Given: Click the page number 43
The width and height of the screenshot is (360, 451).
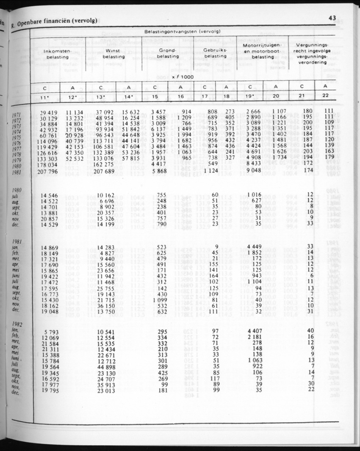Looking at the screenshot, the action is pos(332,18).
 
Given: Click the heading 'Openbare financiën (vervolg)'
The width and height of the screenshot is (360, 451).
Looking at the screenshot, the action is pos(59,20).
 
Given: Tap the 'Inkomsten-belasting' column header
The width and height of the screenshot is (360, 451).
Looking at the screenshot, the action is pos(58,54).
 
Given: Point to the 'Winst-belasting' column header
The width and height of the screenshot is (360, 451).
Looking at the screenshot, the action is pos(114,54).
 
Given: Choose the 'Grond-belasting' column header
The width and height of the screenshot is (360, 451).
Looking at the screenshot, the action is pos(168,54).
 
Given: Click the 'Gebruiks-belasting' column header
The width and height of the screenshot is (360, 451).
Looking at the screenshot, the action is pos(215,54).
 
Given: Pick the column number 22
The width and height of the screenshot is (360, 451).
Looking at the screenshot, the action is pos(325,96).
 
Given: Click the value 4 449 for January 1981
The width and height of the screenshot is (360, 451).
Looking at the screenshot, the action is pos(252,247).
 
